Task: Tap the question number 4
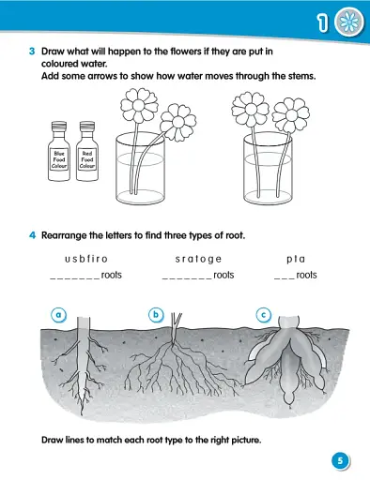(x=31, y=234)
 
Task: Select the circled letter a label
(x=58, y=315)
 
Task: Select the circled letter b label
(x=157, y=315)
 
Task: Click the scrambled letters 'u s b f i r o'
(x=86, y=258)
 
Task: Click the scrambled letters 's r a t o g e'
(x=198, y=258)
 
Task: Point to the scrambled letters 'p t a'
(x=296, y=258)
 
